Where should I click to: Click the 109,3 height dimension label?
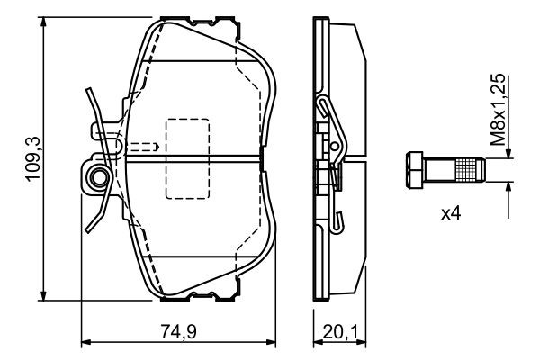click(x=33, y=158)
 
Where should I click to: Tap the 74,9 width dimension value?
click(x=178, y=332)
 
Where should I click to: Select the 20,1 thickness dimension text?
click(x=340, y=332)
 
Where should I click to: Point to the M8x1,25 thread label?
click(x=498, y=110)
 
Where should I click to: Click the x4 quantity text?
click(x=451, y=213)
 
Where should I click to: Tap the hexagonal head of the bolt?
click(x=415, y=170)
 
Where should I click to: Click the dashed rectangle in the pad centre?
click(x=188, y=158)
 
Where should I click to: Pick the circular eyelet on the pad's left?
click(x=99, y=177)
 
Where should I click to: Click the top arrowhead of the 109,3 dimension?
click(x=43, y=22)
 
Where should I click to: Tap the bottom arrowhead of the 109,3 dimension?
click(x=43, y=294)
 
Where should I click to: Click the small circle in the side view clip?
click(x=334, y=146)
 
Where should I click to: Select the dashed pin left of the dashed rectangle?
click(x=142, y=147)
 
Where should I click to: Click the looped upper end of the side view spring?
click(x=323, y=106)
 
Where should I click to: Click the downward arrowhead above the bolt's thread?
click(x=508, y=153)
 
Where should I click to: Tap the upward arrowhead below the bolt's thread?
click(x=508, y=188)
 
